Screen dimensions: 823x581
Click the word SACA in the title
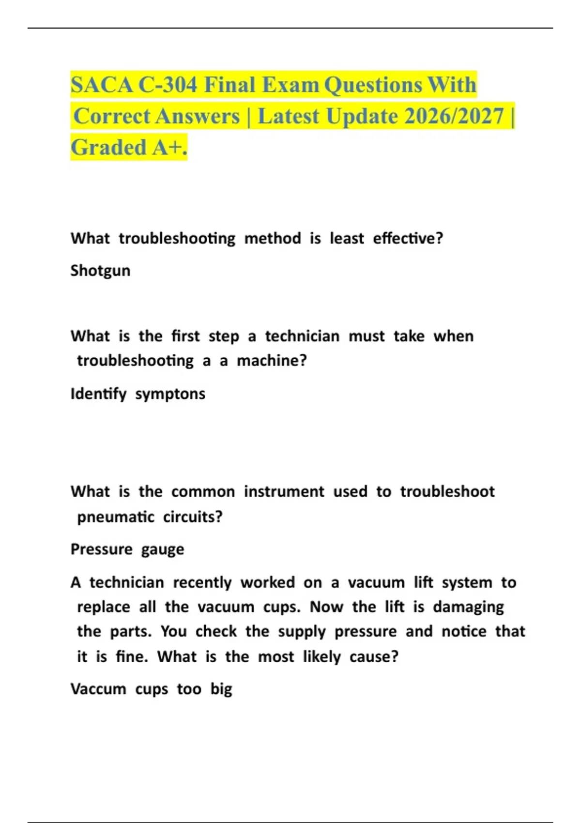pyautogui.click(x=102, y=85)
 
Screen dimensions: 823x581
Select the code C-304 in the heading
pyautogui.click(x=168, y=85)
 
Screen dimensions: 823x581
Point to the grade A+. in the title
pyautogui.click(x=169, y=148)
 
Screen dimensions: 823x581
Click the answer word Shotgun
pyautogui.click(x=100, y=271)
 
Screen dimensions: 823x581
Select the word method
pyautogui.click(x=273, y=239)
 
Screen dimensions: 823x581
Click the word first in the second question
pyautogui.click(x=185, y=336)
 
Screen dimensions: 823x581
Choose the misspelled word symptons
pyautogui.click(x=170, y=394)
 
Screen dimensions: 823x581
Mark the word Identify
pyautogui.click(x=98, y=394)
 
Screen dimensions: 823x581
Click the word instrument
pyautogui.click(x=284, y=492)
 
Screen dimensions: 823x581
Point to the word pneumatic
pyautogui.click(x=116, y=517)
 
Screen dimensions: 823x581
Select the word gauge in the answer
pyautogui.click(x=163, y=550)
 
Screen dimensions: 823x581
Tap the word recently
pyautogui.click(x=202, y=582)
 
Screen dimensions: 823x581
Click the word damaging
pyautogui.click(x=468, y=607)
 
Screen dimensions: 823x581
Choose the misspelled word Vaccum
pyautogui.click(x=98, y=689)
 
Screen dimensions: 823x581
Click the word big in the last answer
pyautogui.click(x=221, y=689)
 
